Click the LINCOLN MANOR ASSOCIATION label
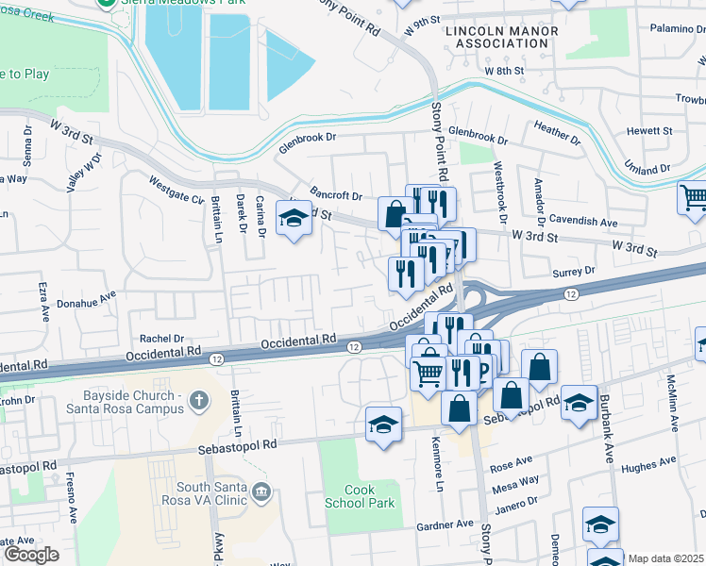[501, 37]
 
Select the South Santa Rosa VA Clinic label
[204, 494]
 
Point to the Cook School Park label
[360, 497]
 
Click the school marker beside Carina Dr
[294, 219]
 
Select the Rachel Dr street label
[161, 338]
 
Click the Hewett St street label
[652, 131]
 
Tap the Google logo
[31, 555]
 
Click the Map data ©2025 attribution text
[664, 558]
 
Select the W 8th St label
[503, 71]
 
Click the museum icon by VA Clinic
[261, 491]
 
